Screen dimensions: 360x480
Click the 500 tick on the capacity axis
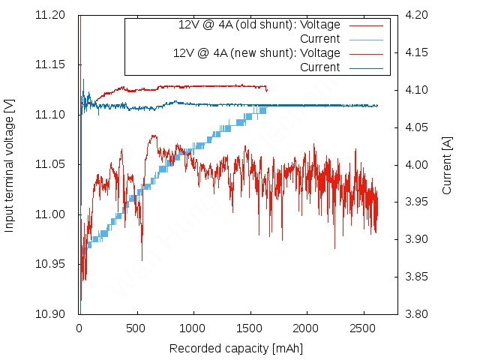point(136,328)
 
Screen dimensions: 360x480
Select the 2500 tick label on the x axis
point(363,328)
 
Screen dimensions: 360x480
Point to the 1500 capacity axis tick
point(250,328)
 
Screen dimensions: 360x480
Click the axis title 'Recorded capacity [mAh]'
point(236,349)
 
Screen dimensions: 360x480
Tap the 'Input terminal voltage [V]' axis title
point(10,164)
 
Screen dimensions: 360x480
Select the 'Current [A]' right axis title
point(447,164)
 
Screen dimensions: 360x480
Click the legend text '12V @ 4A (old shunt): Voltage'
point(259,25)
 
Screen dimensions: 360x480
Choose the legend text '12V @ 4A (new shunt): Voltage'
point(256,53)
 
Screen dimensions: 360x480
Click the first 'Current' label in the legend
point(319,39)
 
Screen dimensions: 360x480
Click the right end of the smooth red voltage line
point(267,89)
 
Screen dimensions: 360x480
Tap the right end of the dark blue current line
point(377,106)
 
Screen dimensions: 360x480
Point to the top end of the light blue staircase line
point(263,109)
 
